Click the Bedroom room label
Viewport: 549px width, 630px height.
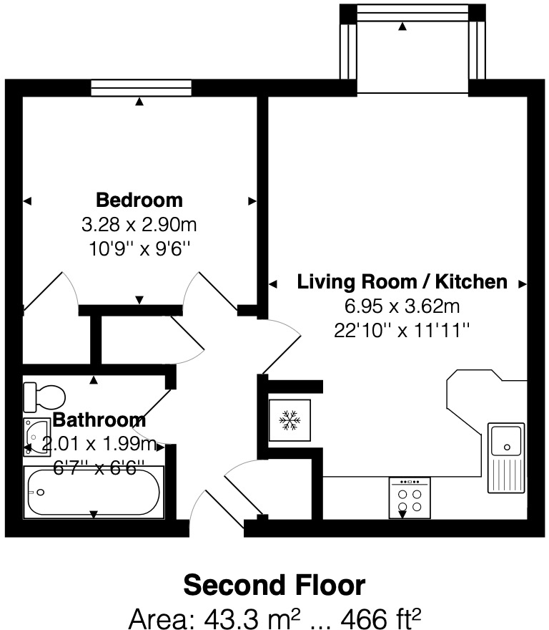pos(139,200)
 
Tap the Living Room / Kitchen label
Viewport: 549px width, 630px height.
pos(402,282)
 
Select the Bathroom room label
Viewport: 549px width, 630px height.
pos(99,420)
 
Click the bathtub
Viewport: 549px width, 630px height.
pos(94,492)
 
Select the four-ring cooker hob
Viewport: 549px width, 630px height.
pos(409,498)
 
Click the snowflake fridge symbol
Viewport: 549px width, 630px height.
pos(289,420)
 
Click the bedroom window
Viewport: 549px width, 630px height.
pos(141,87)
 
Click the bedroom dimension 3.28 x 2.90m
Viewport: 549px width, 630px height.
pos(139,226)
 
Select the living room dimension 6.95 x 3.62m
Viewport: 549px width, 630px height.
pos(402,307)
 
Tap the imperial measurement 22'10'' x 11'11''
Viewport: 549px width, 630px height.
pos(402,331)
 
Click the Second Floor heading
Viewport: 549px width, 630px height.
pos(274,586)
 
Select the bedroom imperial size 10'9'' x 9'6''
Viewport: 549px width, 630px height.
pos(139,248)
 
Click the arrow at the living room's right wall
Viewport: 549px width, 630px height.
pos(523,284)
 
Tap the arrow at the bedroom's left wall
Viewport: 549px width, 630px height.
pos(27,202)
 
